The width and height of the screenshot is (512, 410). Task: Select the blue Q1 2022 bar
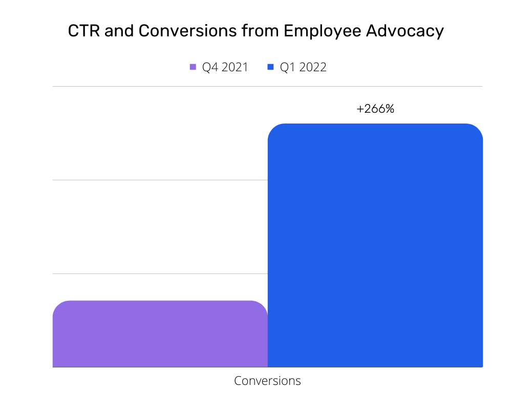(375, 245)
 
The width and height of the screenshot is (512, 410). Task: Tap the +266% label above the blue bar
(375, 109)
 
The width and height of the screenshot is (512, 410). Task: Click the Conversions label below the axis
(267, 381)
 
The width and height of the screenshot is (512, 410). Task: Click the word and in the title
(118, 32)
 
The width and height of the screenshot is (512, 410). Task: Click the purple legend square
(193, 67)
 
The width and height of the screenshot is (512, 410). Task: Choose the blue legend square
(271, 67)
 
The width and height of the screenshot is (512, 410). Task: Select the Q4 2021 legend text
(225, 67)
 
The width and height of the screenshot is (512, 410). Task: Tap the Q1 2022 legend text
(303, 67)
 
